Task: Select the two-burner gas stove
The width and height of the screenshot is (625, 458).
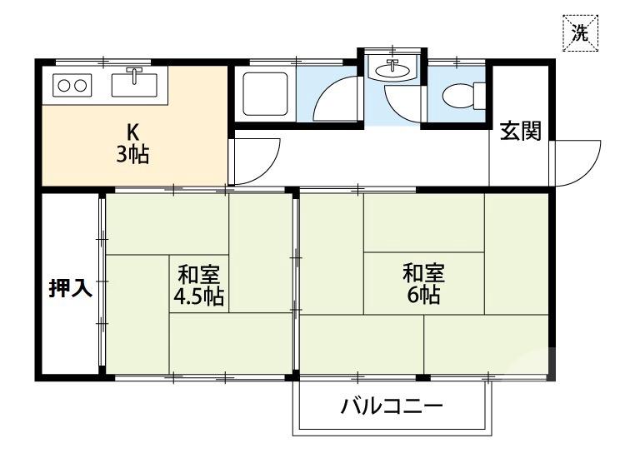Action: tap(71, 84)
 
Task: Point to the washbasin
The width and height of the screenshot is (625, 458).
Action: tap(392, 70)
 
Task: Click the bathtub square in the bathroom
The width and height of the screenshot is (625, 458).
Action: tap(265, 92)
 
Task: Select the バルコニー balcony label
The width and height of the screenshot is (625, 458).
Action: tap(391, 407)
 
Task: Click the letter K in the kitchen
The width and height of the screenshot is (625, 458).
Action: tap(132, 132)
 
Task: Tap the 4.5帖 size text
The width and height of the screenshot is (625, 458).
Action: tap(198, 296)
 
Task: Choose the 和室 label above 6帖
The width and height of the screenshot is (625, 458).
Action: tap(423, 272)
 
